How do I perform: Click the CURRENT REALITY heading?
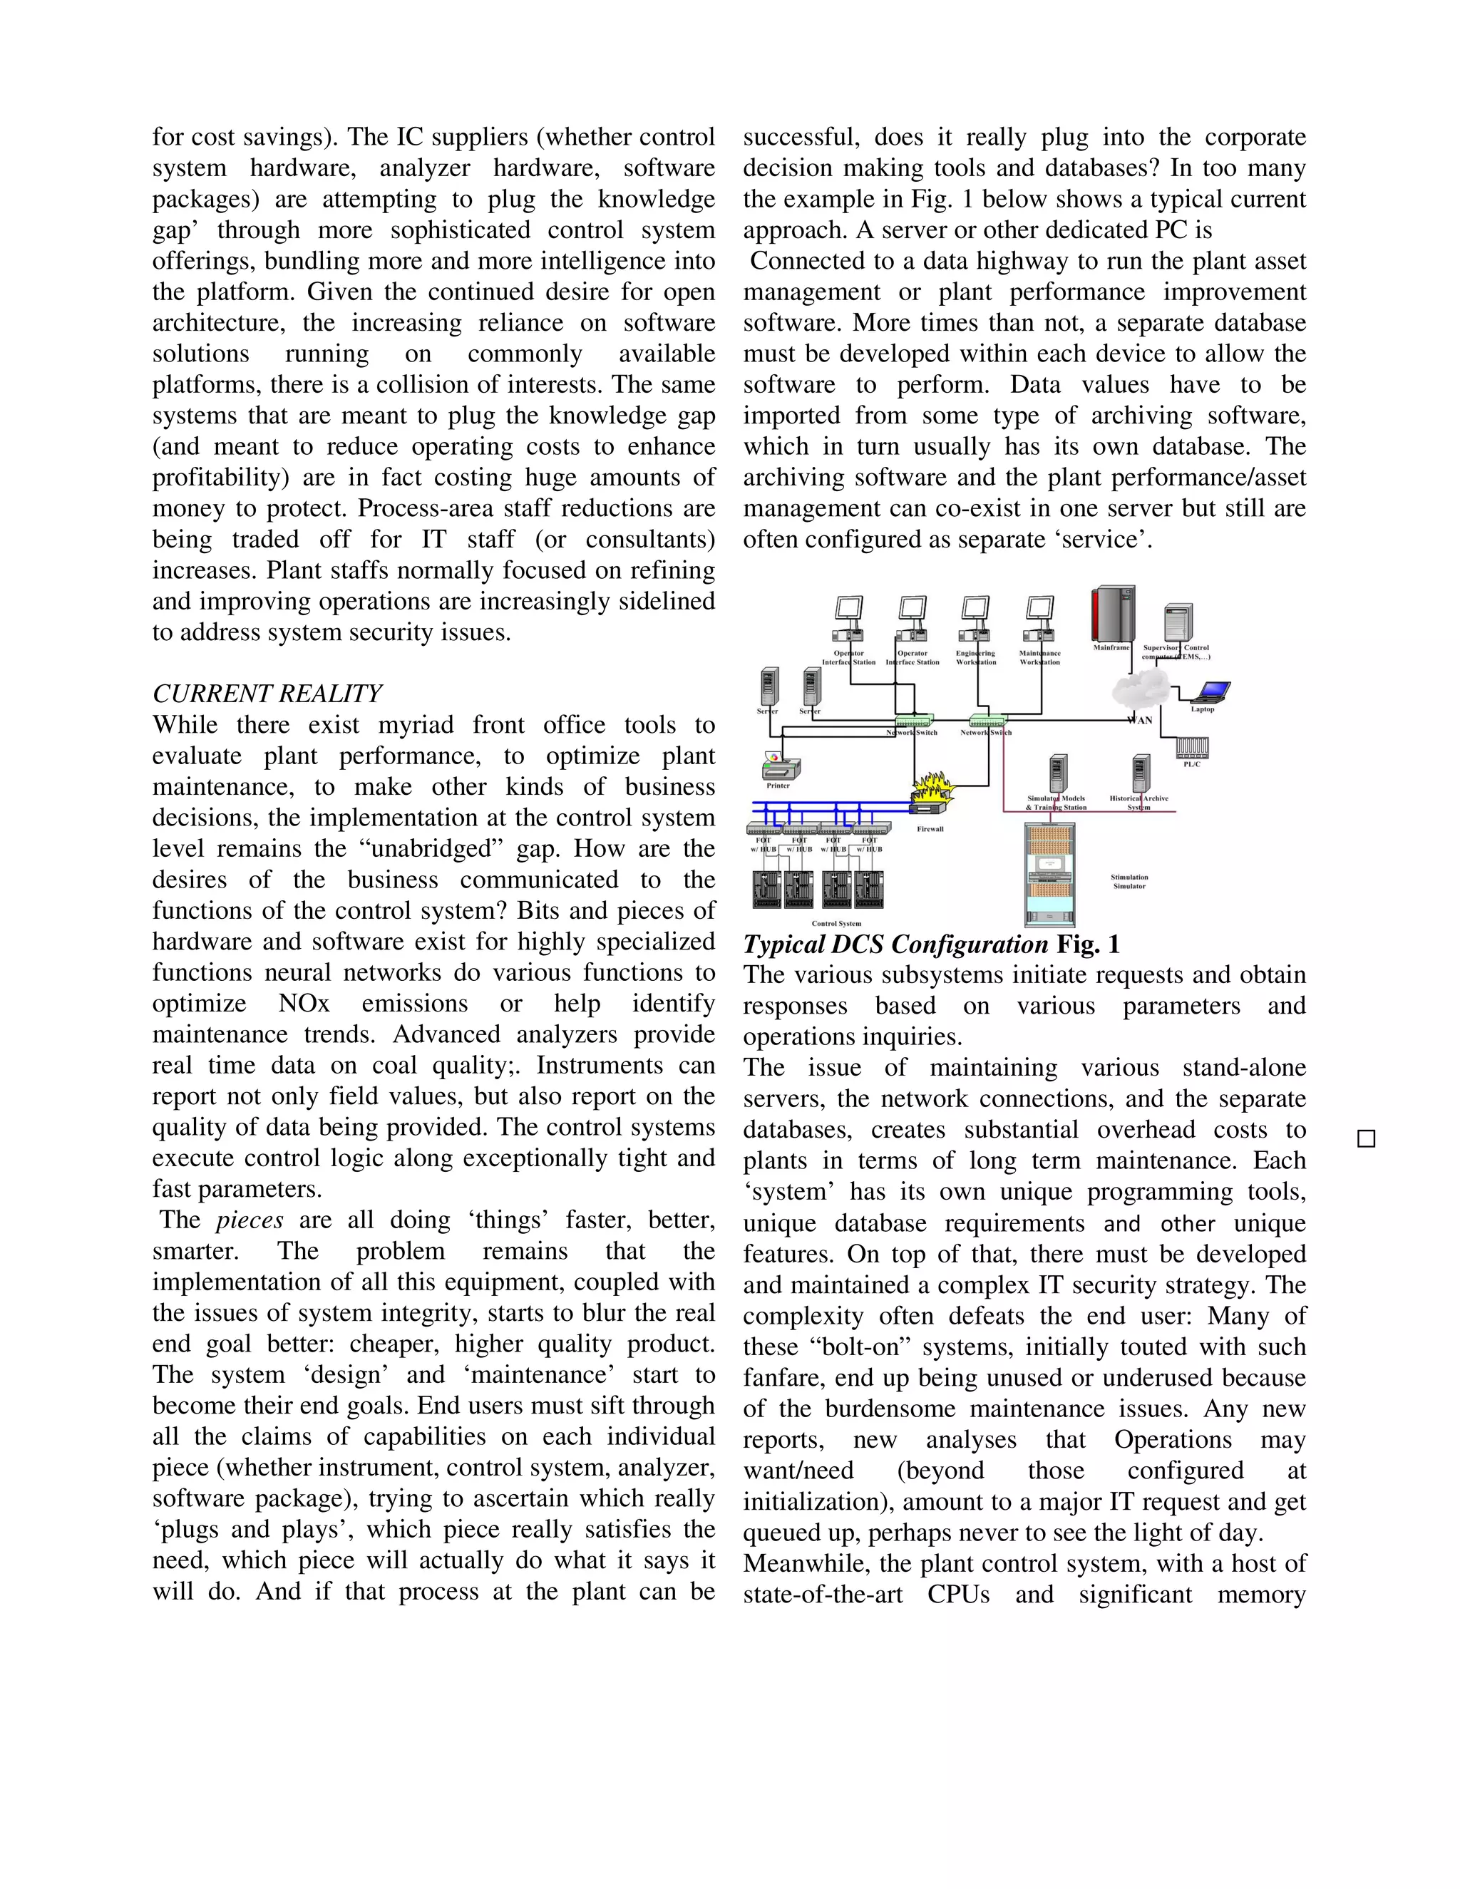(267, 694)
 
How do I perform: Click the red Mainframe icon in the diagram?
(1113, 613)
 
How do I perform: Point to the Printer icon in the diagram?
(780, 766)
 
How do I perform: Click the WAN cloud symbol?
(1140, 690)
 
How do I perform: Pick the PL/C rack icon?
(1192, 746)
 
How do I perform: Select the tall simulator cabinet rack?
(1049, 874)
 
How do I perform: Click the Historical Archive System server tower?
(1141, 773)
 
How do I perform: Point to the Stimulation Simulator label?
(1129, 881)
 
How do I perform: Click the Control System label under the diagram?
(836, 924)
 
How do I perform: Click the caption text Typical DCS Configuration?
(895, 944)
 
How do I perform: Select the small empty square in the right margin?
(1367, 1138)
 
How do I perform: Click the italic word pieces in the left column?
(249, 1220)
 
